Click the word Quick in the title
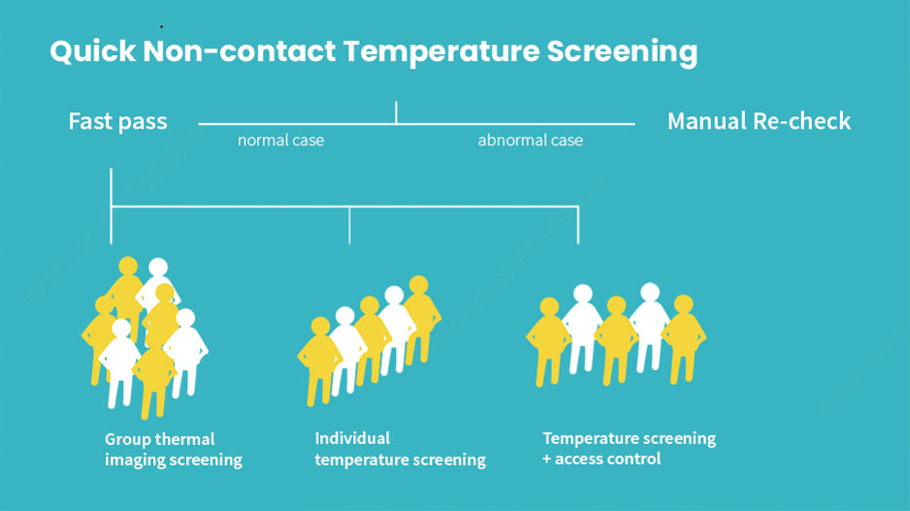click(x=91, y=51)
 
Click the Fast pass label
click(x=117, y=122)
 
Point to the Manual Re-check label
click(x=759, y=122)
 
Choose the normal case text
click(x=280, y=141)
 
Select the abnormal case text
click(x=530, y=141)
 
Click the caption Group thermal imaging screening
click(x=173, y=449)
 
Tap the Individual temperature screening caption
click(x=400, y=449)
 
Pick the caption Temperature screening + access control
click(x=629, y=448)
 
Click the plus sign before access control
click(x=546, y=459)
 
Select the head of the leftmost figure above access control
click(x=549, y=307)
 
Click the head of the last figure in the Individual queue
click(x=418, y=285)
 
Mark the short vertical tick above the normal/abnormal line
click(x=396, y=112)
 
